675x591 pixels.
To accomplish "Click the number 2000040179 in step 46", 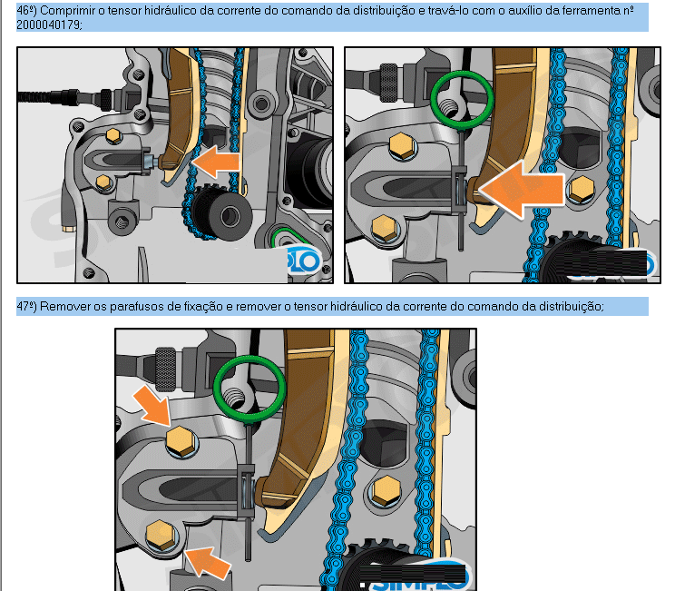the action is (48, 25).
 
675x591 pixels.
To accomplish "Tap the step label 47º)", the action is (26, 306).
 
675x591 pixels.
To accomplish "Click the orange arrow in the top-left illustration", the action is (215, 162).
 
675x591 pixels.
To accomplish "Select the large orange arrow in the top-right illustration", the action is (521, 189).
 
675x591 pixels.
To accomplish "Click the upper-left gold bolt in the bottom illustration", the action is (181, 441).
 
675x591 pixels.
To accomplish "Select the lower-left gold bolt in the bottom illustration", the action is (161, 536).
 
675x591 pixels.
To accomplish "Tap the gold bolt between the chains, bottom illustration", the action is (386, 491).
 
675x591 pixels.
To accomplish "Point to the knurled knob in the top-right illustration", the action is (388, 83).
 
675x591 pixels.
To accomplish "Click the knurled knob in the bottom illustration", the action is (165, 369).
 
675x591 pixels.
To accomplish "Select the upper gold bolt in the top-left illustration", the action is (113, 136).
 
